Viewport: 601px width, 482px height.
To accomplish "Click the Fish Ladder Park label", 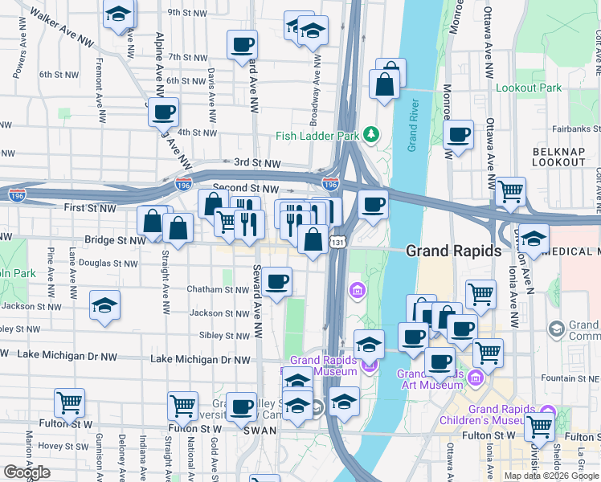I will coord(317,136).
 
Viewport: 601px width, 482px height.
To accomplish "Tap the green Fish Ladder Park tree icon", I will coord(370,134).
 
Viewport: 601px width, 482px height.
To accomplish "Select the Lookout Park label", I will coord(529,88).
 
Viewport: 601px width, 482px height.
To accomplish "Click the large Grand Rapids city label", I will coord(454,251).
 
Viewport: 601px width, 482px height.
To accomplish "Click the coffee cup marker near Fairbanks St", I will coord(459,134).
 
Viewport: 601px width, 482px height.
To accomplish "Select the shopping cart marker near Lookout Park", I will coord(510,191).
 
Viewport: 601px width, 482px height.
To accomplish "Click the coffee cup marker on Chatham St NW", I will coord(277,281).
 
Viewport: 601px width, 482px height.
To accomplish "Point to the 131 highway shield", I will coord(338,241).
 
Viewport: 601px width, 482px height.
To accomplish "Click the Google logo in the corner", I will coord(27,472).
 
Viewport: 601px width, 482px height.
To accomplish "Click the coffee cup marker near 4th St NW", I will coord(163,112).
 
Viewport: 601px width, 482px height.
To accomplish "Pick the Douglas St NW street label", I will coord(107,263).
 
